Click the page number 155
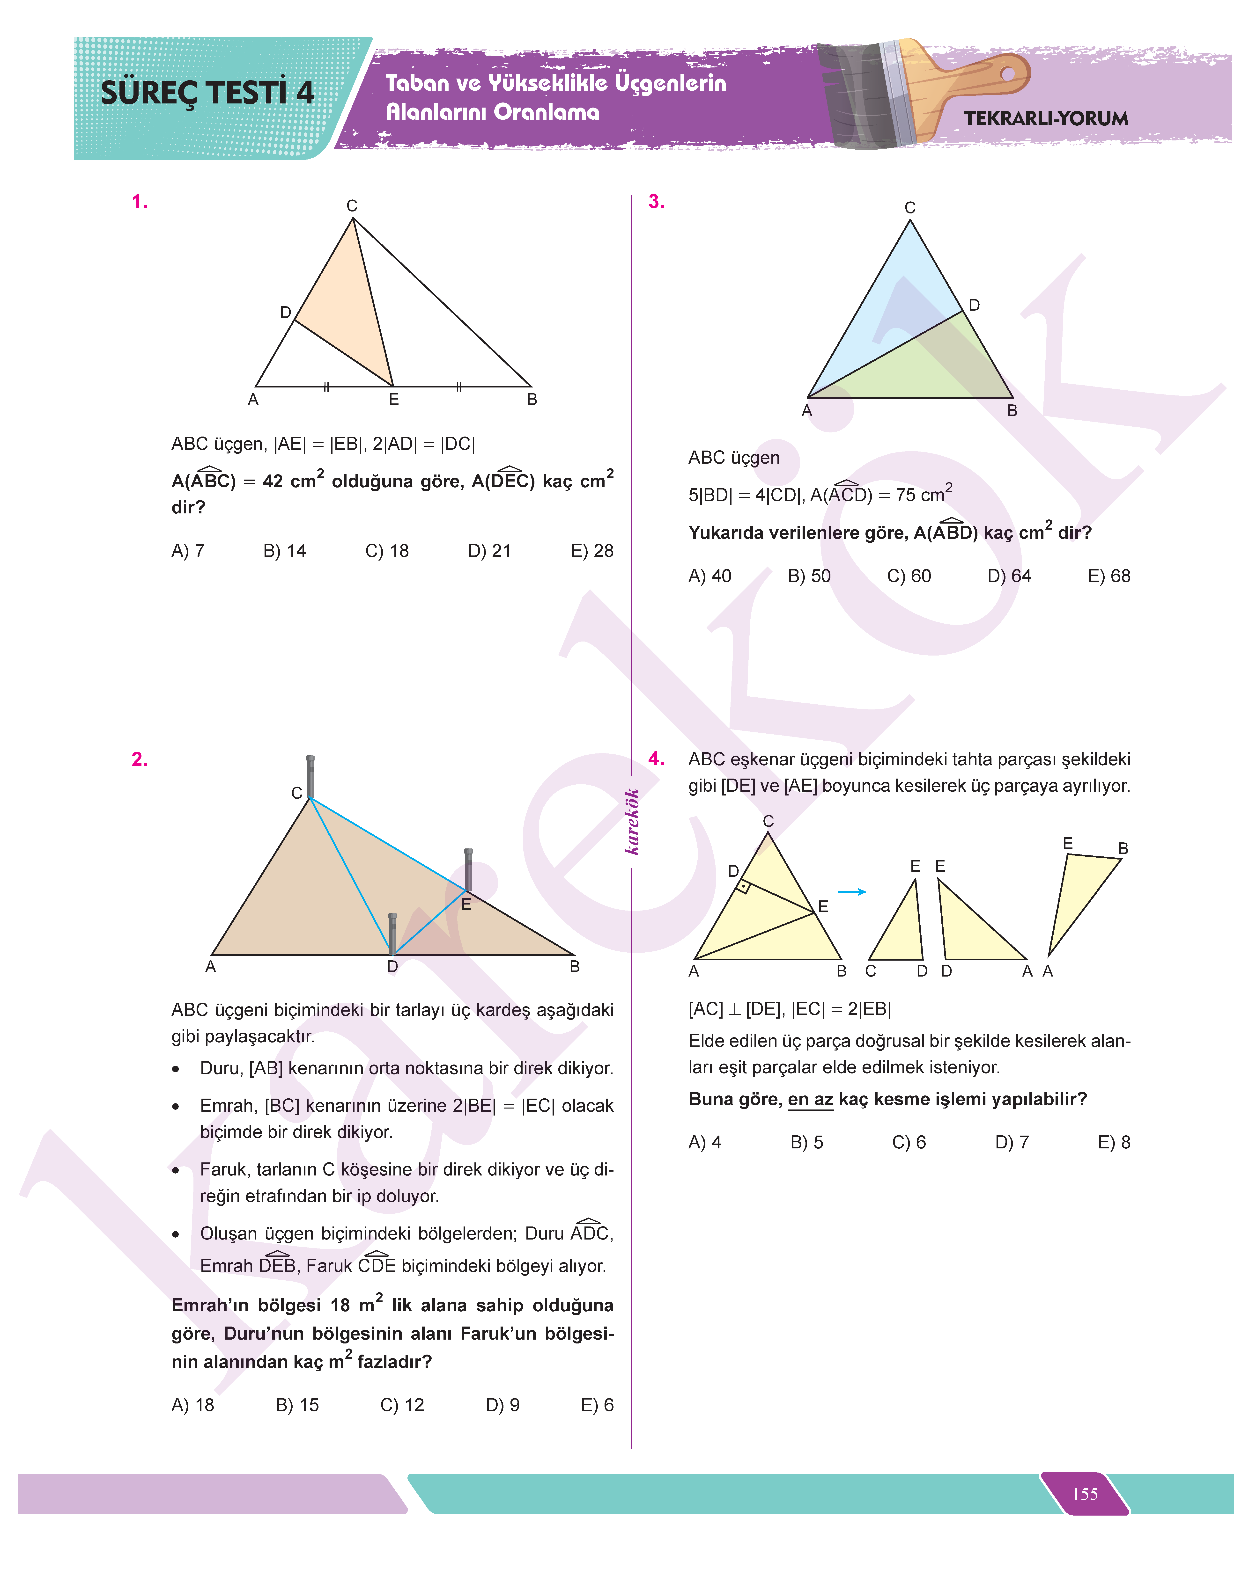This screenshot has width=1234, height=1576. pos(1085,1494)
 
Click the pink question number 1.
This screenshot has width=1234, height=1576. pos(140,202)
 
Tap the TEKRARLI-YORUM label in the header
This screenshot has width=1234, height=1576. pos(1045,118)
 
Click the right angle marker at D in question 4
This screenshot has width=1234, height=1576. pos(743,885)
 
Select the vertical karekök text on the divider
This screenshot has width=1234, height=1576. pos(632,822)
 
